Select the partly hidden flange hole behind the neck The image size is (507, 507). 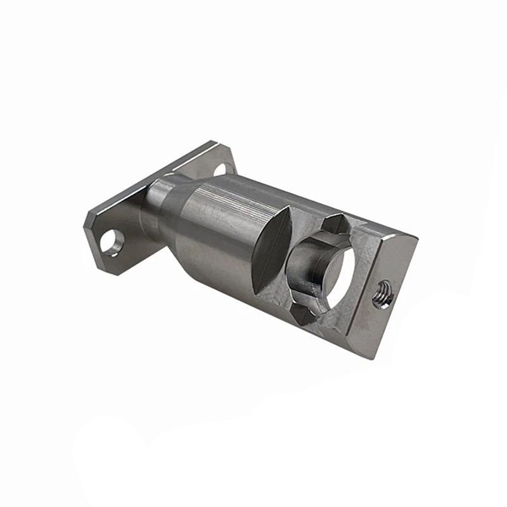tap(220, 169)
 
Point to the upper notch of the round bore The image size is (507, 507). tap(335, 222)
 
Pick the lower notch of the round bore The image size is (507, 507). tap(303, 313)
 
